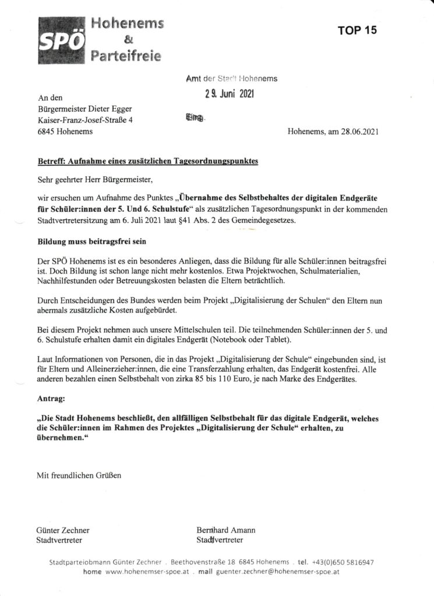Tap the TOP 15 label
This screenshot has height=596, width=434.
(x=358, y=31)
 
